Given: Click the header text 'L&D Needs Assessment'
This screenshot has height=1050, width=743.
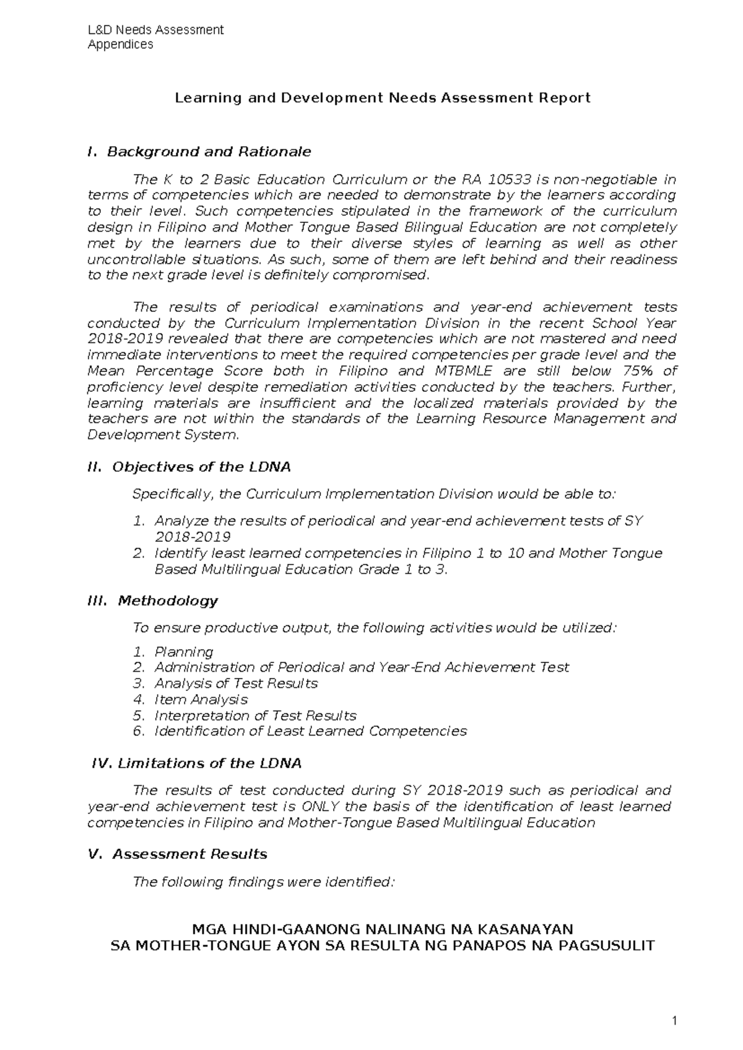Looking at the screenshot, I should pos(155,30).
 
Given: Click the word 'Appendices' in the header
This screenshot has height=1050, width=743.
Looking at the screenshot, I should pos(120,45).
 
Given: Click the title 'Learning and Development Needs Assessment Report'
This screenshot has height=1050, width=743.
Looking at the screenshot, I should pos(383,98).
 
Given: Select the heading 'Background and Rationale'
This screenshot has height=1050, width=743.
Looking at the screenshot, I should pos(209,152).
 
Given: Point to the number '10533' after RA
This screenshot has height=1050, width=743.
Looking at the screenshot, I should pos(510,180).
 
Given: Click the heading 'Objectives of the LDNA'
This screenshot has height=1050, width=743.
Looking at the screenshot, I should pos(201,467).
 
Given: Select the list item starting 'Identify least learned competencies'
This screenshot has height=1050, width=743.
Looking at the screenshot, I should pos(408,553).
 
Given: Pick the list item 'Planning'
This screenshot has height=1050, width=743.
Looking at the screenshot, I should pos(183,652).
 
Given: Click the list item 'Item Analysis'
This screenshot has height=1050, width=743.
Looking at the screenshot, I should pos(201,700).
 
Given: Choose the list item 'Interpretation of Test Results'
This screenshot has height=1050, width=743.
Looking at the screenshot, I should pos(255,716).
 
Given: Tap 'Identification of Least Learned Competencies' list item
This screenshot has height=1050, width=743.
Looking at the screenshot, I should pos(310,731).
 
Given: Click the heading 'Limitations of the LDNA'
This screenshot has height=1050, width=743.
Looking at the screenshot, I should pos(209,763).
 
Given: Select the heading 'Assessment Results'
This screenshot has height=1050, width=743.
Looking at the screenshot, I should pos(189,854).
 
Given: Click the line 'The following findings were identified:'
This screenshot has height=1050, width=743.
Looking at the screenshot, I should pos(264,882).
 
